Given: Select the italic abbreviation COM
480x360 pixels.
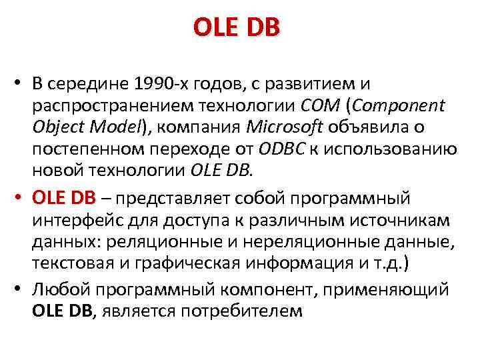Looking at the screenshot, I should point(321,106).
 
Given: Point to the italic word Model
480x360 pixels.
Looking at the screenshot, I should point(121,127).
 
